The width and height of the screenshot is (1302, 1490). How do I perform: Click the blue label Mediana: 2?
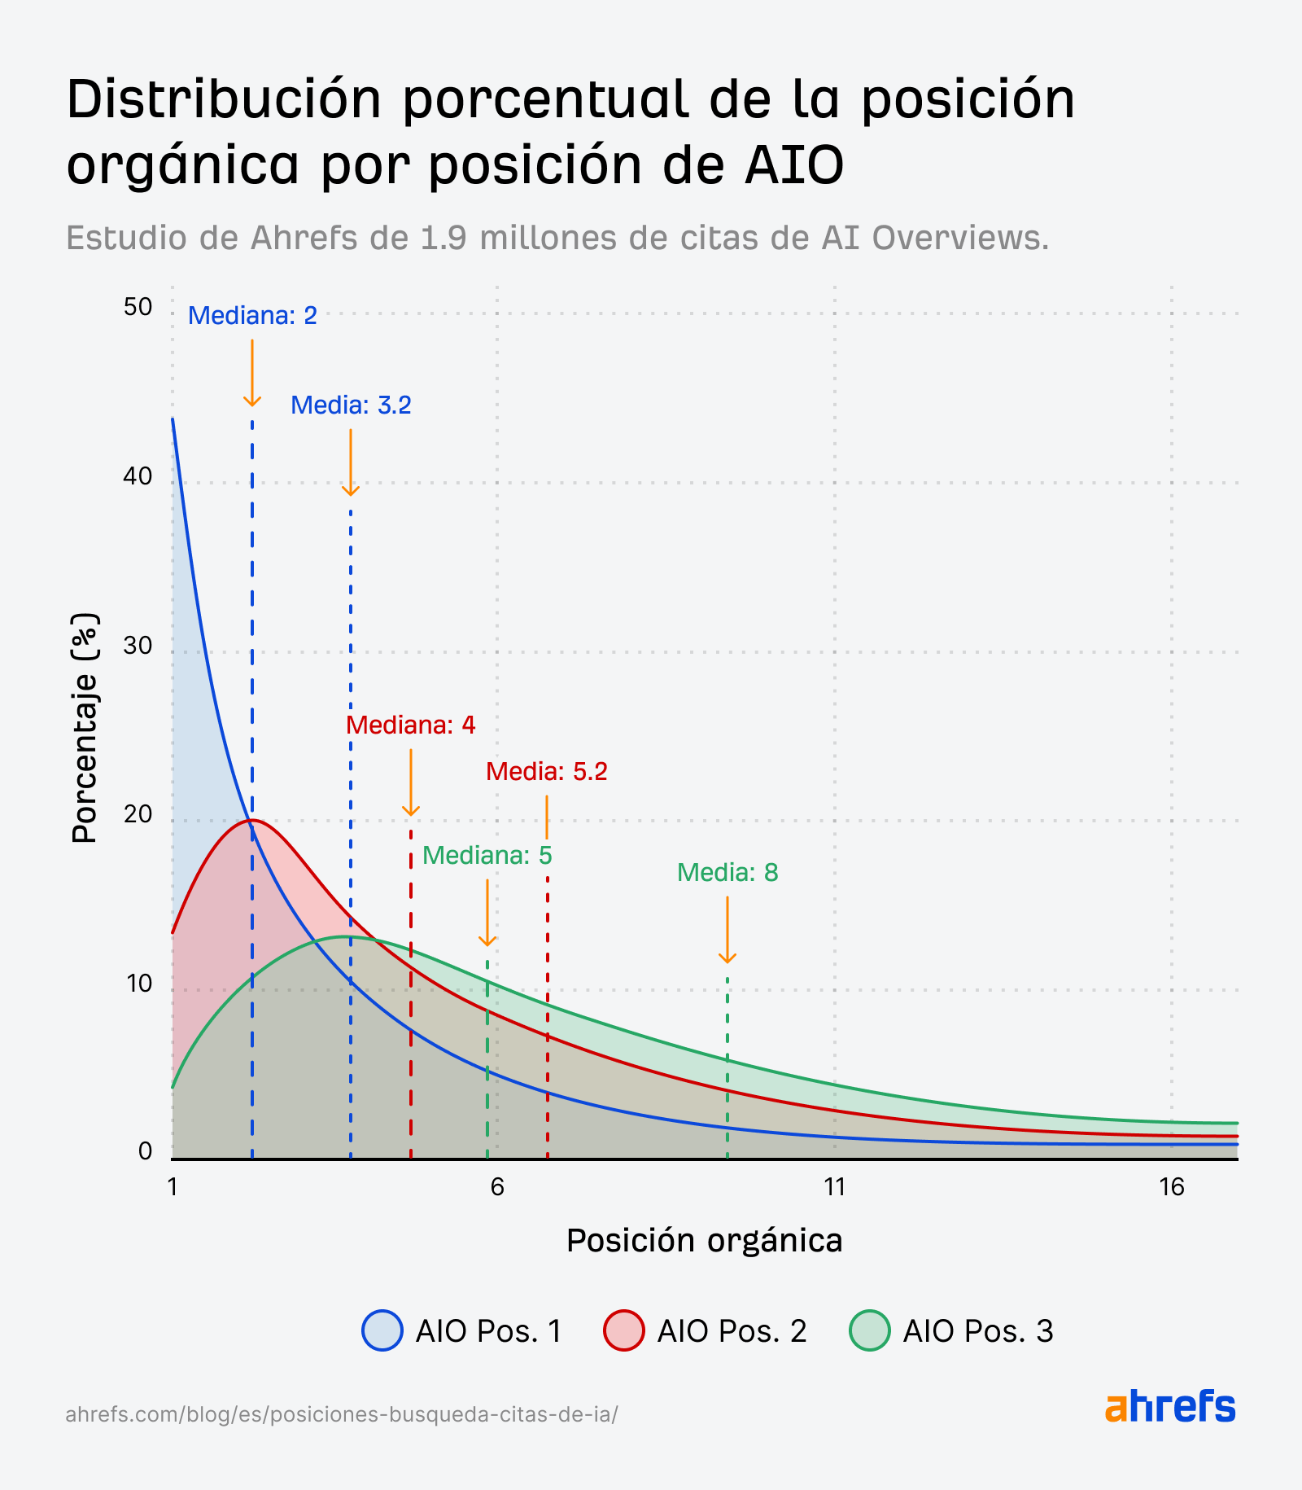(x=252, y=316)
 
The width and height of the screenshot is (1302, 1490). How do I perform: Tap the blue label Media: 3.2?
(x=351, y=405)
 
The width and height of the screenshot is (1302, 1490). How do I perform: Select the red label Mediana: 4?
(x=410, y=725)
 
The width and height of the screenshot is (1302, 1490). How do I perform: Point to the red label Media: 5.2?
(x=546, y=772)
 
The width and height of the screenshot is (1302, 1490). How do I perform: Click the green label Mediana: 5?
(x=487, y=856)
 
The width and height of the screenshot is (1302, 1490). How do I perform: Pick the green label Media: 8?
(x=727, y=874)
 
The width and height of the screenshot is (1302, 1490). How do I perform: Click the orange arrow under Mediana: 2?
(x=252, y=373)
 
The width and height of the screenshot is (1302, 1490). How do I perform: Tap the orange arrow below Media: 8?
(x=727, y=930)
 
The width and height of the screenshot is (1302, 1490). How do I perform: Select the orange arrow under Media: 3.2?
(x=351, y=462)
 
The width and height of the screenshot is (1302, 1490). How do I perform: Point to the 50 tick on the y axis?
(x=138, y=307)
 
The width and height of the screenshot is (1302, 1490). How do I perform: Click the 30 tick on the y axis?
(x=138, y=646)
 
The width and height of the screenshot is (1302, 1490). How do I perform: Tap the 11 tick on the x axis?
(x=835, y=1187)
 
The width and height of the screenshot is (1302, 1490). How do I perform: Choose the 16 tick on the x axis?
(x=1172, y=1187)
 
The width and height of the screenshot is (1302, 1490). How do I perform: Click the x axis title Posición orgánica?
(x=704, y=1241)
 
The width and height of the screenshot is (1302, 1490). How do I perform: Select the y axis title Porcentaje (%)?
(x=84, y=728)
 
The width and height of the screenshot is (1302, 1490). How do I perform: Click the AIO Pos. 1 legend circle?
(x=382, y=1330)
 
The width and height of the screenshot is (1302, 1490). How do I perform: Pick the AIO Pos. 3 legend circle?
(x=869, y=1330)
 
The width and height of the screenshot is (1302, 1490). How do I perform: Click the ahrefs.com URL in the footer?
(x=341, y=1414)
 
